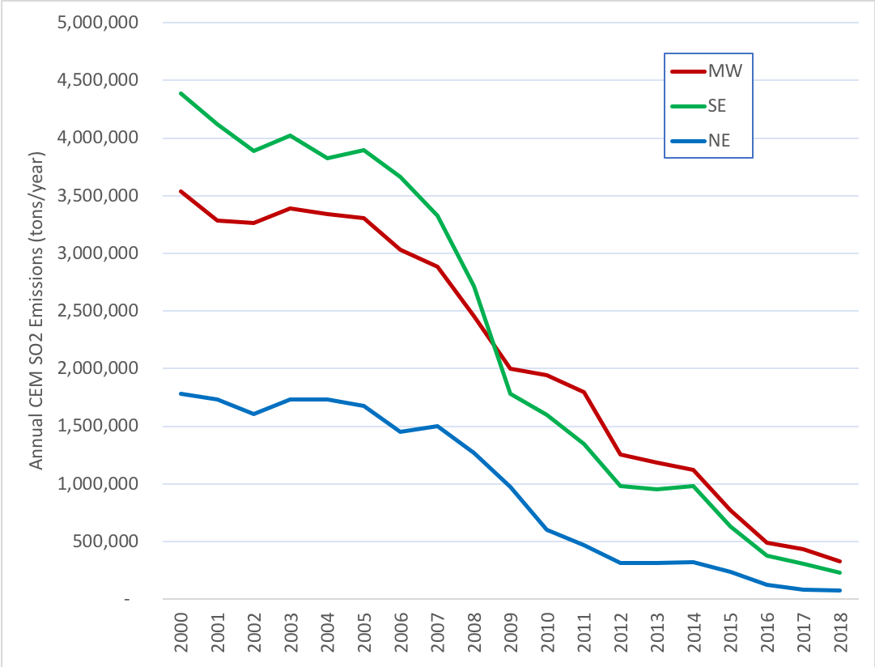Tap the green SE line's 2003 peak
(x=290, y=135)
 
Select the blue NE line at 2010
(x=547, y=529)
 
